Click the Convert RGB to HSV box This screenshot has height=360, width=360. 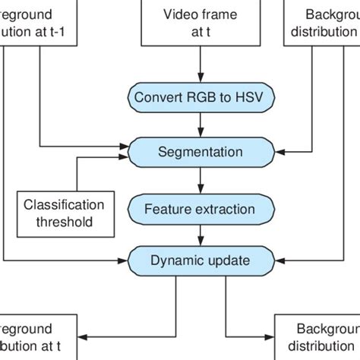200,97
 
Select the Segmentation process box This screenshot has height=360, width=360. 200,151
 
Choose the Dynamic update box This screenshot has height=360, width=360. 200,261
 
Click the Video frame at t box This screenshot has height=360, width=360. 200,22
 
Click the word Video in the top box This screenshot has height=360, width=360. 180,14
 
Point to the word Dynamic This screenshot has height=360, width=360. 175,261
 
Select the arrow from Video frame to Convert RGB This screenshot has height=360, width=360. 200,65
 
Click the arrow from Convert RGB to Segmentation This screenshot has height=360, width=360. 200,124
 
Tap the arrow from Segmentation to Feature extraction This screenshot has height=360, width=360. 200,178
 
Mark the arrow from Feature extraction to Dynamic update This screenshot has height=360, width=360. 200,233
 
